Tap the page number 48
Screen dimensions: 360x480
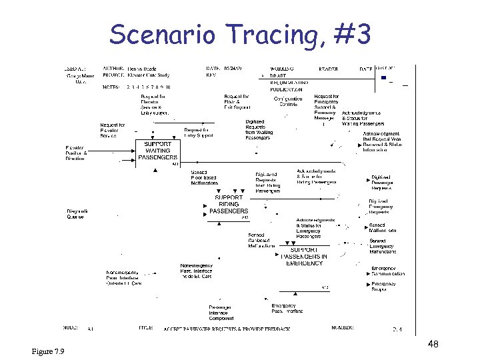pyautogui.click(x=433, y=344)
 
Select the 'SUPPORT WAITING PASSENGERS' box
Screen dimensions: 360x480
pyautogui.click(x=157, y=151)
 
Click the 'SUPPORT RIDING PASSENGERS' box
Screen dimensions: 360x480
pyautogui.click(x=229, y=204)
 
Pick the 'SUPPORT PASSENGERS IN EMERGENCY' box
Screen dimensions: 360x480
pyautogui.click(x=303, y=257)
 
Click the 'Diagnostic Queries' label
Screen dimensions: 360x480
pyautogui.click(x=76, y=213)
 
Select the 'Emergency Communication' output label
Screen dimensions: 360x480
pyautogui.click(x=388, y=271)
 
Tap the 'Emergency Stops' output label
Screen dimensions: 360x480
pyautogui.click(x=384, y=287)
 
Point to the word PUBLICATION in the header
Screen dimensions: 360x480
pyautogui.click(x=286, y=89)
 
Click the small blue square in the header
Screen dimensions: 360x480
pyautogui.click(x=383, y=77)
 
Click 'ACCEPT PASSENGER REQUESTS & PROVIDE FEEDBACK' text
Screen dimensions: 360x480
pyautogui.click(x=227, y=329)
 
